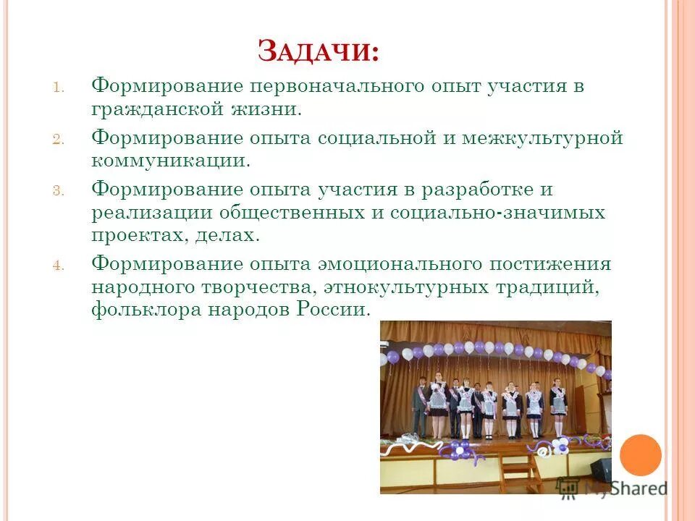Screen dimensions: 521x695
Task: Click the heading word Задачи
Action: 319,52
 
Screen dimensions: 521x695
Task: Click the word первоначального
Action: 337,87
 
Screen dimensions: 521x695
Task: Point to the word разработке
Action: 479,190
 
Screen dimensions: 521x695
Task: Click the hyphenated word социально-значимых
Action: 498,213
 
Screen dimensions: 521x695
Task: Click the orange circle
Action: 641,454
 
